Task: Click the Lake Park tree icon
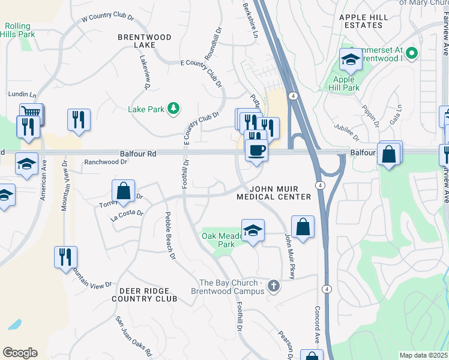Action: (173, 108)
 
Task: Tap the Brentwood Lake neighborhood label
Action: (144, 41)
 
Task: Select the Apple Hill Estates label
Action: (368, 21)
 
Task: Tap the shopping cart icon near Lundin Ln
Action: (31, 113)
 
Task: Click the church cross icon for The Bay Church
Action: (274, 286)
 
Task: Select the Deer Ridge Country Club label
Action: (145, 293)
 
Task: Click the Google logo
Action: (20, 353)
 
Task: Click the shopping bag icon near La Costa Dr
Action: (123, 191)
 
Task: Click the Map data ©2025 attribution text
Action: (423, 355)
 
